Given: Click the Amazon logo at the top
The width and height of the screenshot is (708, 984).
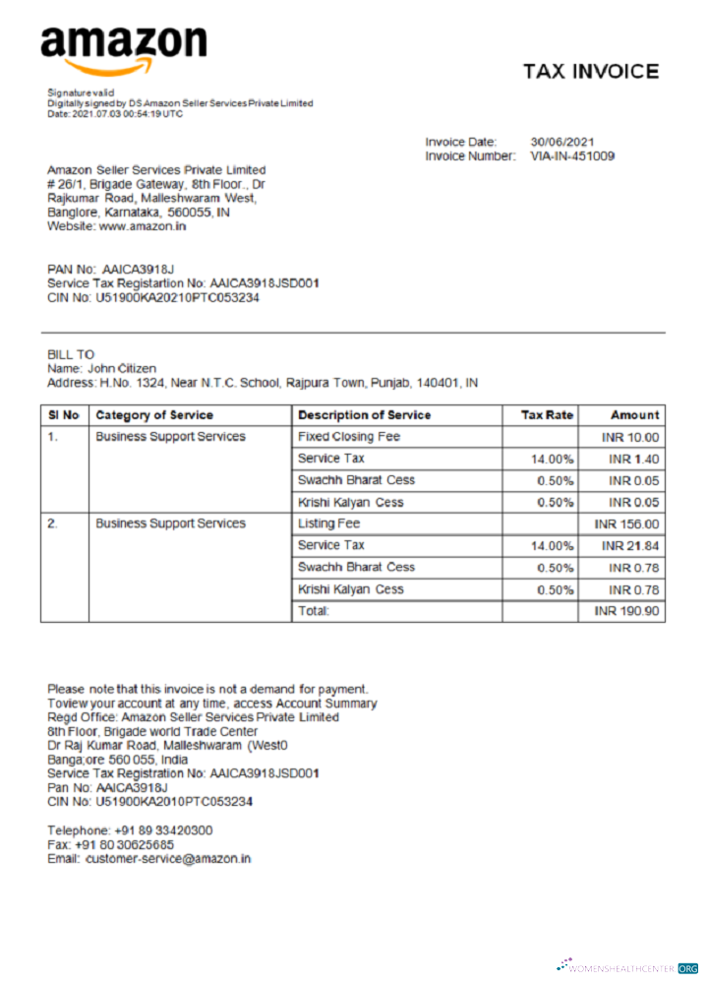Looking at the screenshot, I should tap(123, 49).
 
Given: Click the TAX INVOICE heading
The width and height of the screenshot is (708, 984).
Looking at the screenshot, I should tap(590, 72).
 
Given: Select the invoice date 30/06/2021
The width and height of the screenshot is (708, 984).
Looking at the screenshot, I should tap(562, 142).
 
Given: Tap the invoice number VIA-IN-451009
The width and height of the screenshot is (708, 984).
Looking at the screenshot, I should tap(572, 155).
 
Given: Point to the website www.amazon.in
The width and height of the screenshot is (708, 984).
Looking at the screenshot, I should tap(143, 225).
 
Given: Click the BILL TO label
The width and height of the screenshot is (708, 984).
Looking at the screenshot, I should tap(71, 354).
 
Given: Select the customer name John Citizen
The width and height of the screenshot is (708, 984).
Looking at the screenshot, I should tap(122, 368).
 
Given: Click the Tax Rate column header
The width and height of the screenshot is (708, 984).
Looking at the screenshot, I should tap(548, 415).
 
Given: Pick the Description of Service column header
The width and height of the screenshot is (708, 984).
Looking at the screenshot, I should tap(364, 415).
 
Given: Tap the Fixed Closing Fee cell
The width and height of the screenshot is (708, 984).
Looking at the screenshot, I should tap(348, 436).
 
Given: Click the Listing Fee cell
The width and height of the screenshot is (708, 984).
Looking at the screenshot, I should tap(328, 523).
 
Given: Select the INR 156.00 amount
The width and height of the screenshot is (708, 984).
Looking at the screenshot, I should tap(626, 524).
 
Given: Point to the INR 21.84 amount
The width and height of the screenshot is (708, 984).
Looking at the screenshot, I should tap(629, 545).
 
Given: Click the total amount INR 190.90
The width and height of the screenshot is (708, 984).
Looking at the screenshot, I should tap(626, 611).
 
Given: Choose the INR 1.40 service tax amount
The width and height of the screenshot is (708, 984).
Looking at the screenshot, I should tap(633, 459).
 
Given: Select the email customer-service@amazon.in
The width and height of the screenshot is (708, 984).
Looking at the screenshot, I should tap(168, 858).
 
